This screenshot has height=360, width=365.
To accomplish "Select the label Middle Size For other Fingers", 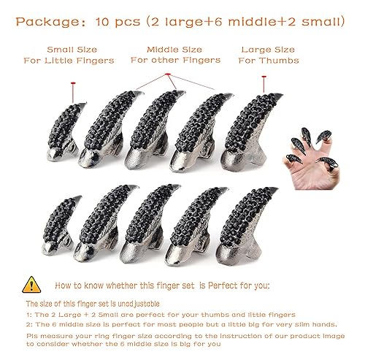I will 165,55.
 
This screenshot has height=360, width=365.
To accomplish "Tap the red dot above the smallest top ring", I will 72,86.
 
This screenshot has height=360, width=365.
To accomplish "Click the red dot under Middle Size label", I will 168,74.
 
